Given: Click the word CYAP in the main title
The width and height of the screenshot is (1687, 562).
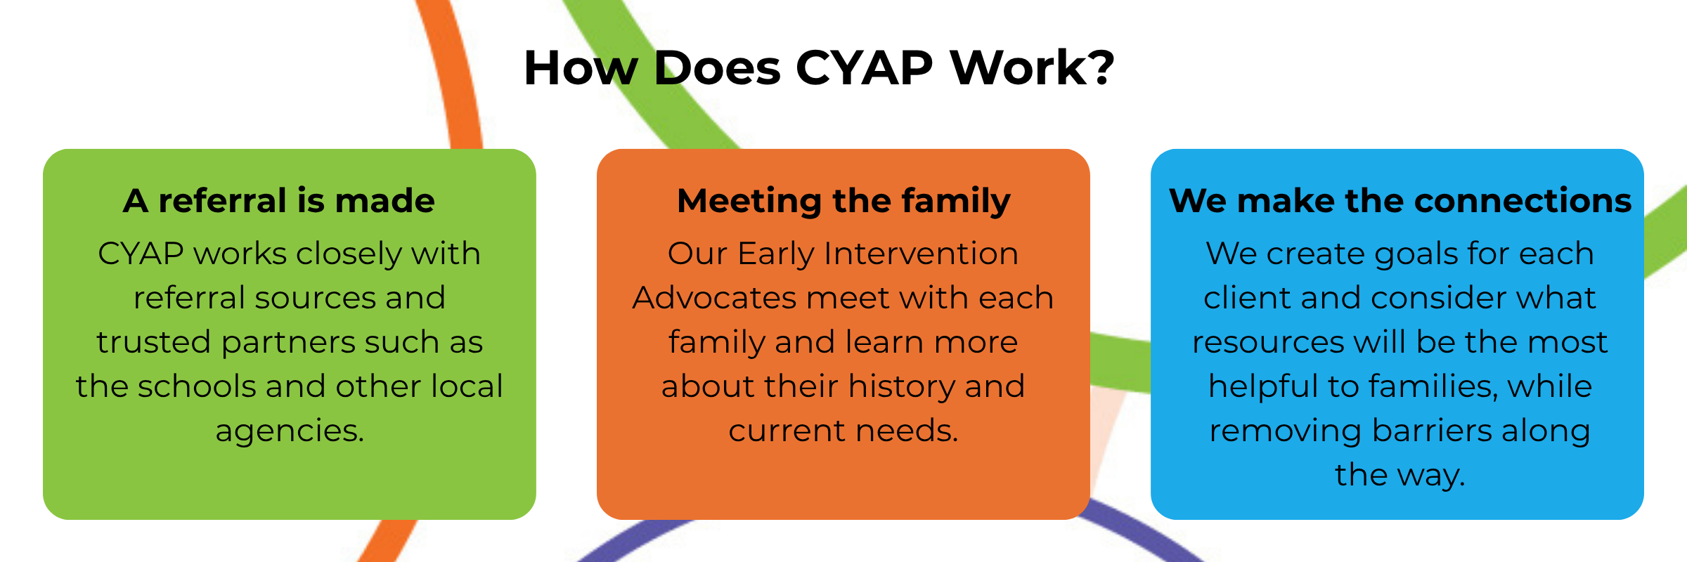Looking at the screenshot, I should [864, 68].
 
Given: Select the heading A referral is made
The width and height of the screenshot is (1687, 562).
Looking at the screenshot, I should [279, 201].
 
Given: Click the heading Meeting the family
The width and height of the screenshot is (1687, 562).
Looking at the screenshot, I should [843, 201].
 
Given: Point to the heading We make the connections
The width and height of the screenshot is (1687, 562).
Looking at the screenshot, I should [1400, 201].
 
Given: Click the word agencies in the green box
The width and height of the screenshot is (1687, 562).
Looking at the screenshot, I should [289, 431].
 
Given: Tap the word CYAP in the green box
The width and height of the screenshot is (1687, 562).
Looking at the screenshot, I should [141, 254].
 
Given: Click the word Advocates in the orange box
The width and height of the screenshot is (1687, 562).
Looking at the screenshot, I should [714, 298].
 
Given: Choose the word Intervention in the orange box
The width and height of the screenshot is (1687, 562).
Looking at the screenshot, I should [921, 254].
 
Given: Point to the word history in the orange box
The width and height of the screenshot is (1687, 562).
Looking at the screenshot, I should [902, 386].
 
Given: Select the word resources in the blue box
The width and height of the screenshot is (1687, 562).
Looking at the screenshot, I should [1268, 343].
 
